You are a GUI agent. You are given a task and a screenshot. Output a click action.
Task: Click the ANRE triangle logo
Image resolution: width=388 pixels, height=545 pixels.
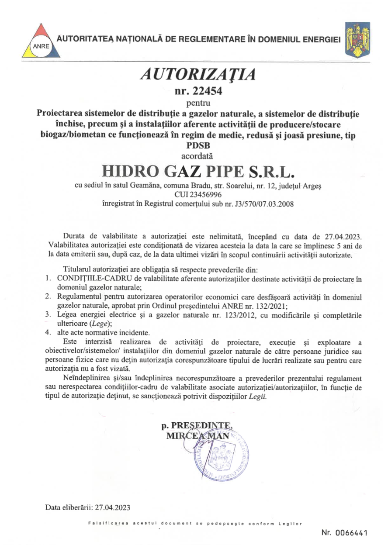pos(42,40)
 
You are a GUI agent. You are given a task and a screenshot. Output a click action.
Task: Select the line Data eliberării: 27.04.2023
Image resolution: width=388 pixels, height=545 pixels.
pos(87,507)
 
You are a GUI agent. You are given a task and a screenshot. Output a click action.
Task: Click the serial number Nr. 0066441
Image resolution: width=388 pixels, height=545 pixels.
pos(344,533)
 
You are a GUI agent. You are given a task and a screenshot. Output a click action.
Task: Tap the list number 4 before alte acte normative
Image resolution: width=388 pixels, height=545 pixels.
pos(48,332)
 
